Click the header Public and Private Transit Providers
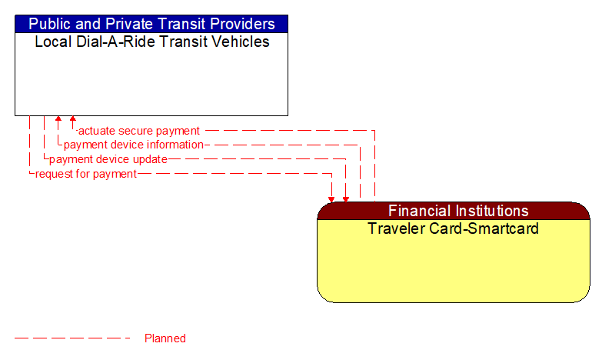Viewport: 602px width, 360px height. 151,24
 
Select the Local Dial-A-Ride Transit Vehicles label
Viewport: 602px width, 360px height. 151,42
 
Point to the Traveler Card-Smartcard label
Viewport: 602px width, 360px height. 453,228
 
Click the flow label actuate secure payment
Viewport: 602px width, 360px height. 139,131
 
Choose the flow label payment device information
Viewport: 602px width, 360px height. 133,145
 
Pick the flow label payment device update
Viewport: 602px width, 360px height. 108,159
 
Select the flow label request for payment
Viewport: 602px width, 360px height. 86,174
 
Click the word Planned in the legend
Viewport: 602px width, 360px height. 165,338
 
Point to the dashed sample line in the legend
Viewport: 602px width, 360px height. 73,338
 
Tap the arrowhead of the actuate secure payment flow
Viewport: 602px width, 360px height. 73,119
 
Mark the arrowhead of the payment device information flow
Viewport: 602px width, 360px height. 58,119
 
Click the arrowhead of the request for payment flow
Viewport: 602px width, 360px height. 331,199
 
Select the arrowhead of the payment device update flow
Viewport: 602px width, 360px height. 346,199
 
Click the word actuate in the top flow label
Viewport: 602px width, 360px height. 98,131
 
